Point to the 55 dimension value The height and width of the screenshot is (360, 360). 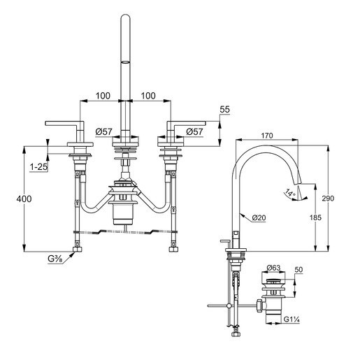(x=225, y=110)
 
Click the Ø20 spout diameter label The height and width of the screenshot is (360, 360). (x=261, y=218)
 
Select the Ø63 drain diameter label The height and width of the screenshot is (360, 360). (x=274, y=267)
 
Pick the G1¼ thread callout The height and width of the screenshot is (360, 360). (x=291, y=322)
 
